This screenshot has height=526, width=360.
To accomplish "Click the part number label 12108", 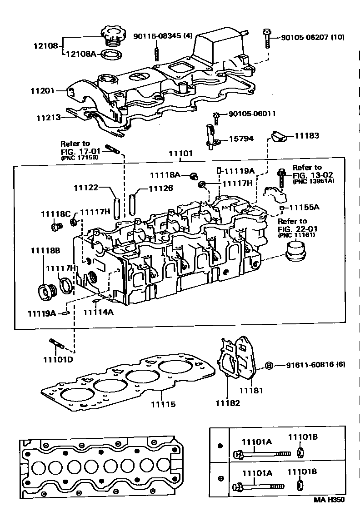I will point(45,45).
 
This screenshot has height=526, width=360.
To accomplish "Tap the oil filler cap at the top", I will point(111,36).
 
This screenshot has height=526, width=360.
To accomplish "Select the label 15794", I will point(241,139).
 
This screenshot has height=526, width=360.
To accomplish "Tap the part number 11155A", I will point(304,207).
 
